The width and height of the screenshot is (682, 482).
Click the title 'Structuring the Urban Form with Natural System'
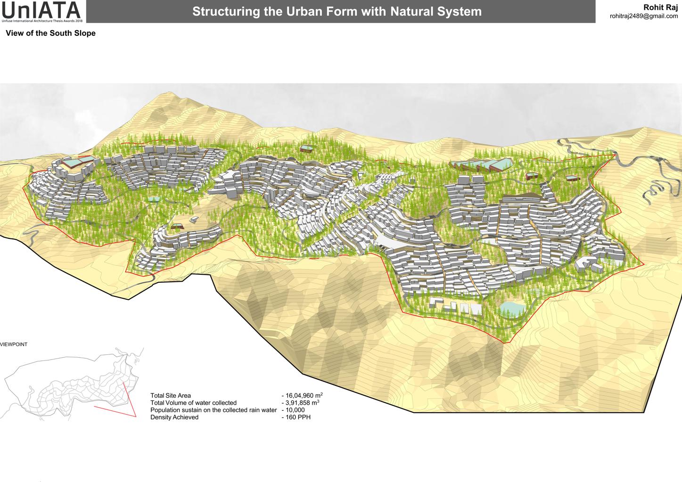coord(337,11)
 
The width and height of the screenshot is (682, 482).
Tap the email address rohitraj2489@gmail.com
coord(643,16)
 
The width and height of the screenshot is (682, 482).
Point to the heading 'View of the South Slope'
coord(50,33)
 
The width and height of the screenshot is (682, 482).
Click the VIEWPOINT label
coord(14,344)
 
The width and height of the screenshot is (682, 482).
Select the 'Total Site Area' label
coord(171,396)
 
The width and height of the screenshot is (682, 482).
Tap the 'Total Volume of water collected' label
coord(193,403)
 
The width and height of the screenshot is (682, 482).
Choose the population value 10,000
coord(295,410)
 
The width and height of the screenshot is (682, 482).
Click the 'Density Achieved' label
coord(174,417)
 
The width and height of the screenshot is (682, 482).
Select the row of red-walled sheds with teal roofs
coord(481,165)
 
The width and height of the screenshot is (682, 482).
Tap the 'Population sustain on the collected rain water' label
coord(214,410)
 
